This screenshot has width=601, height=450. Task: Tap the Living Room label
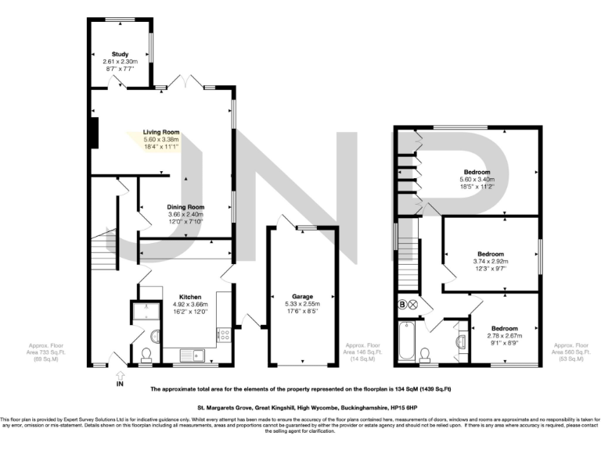161,132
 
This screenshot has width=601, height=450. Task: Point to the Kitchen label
191,298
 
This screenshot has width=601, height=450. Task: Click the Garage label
303,298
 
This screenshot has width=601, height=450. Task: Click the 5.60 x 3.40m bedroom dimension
477,180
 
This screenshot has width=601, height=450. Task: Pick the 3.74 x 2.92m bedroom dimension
491,262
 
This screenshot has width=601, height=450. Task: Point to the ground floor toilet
145,355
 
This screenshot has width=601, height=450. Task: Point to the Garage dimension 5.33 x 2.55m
303,305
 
